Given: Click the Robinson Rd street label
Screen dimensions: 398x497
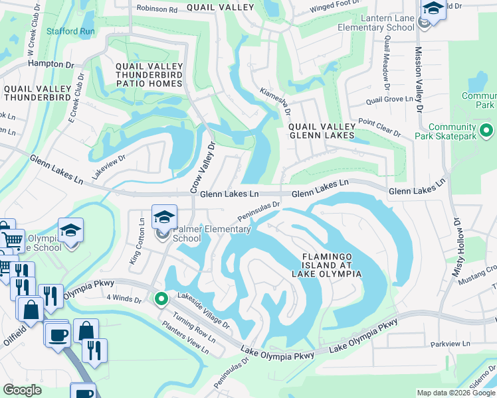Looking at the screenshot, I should pyautogui.click(x=157, y=9).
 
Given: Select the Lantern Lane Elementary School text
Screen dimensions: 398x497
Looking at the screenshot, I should pyautogui.click(x=376, y=23).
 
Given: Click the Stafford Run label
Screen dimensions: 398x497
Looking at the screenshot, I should pyautogui.click(x=70, y=31).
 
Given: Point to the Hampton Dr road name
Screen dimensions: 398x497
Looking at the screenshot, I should pyautogui.click(x=50, y=64).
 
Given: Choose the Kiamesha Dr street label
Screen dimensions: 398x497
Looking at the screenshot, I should pyautogui.click(x=276, y=101).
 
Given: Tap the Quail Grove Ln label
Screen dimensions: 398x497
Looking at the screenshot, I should pyautogui.click(x=390, y=101).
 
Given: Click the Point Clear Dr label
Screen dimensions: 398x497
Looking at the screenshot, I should pyautogui.click(x=379, y=127).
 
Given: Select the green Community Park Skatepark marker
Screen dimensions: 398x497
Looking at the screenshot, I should pyautogui.click(x=486, y=131).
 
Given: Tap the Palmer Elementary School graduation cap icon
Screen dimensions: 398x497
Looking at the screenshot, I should pyautogui.click(x=164, y=216).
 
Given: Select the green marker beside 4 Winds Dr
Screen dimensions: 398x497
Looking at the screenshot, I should pyautogui.click(x=161, y=299).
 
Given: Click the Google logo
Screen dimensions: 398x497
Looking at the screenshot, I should pyautogui.click(x=22, y=390).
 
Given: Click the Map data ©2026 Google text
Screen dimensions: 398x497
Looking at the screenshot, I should pyautogui.click(x=456, y=393).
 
